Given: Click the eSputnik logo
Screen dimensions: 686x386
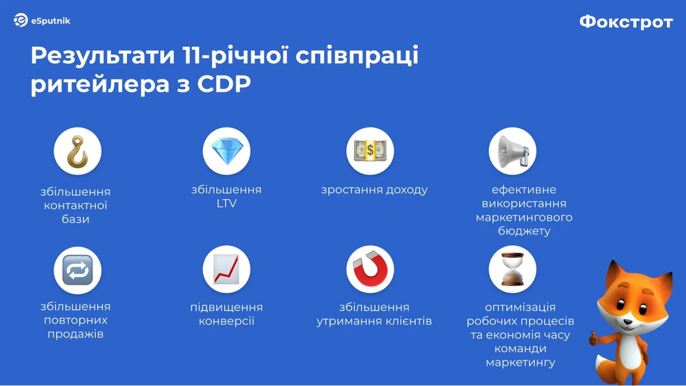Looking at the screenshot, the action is pos(42,20).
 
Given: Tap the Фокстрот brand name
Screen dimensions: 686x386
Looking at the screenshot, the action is pos(626,22).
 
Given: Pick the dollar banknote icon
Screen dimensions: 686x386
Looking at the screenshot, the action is pos(370,151).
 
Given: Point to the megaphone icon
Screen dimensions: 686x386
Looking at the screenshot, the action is pos(513,152).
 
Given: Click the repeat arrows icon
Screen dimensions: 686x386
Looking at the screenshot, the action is pos(78,270).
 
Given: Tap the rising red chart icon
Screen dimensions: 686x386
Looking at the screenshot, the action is pos(226,269).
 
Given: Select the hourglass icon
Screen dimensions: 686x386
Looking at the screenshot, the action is pos(512,269).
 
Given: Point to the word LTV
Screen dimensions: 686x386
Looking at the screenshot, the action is pos(226,204).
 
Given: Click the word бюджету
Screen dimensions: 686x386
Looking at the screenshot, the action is pos(524,231).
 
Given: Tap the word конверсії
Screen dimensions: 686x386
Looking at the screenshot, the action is pos(226,321).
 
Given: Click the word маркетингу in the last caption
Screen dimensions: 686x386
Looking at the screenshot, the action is pos(520,363).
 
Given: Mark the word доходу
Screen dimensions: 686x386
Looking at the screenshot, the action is pos(406,190).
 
